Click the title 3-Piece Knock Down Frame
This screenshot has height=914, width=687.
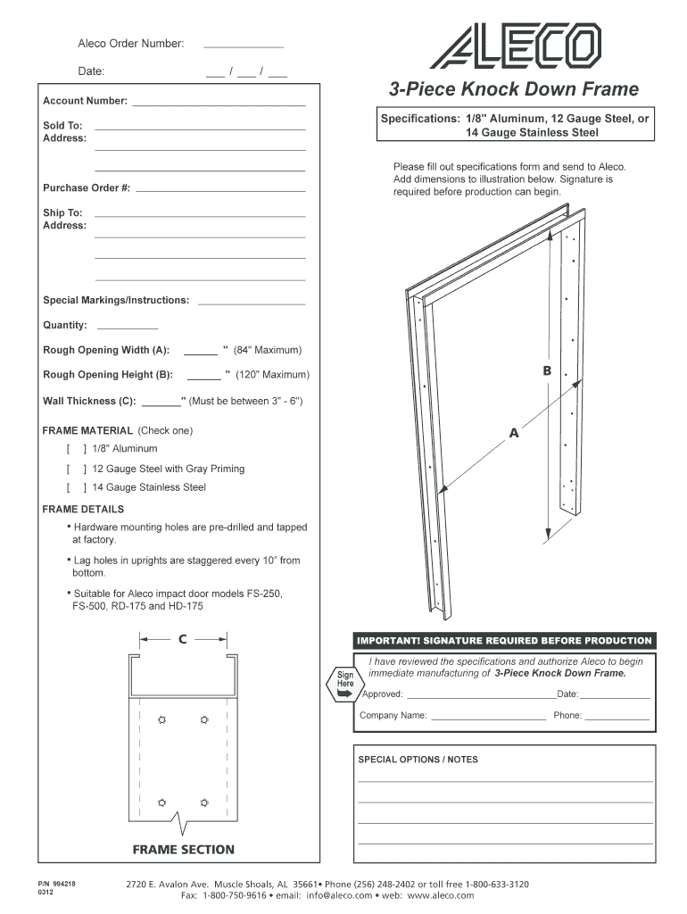tap(513, 89)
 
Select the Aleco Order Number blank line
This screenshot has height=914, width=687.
tap(244, 44)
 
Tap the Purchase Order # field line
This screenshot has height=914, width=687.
tap(220, 190)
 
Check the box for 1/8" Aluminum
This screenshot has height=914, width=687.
tap(76, 449)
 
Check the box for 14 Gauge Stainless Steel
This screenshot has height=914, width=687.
tap(76, 488)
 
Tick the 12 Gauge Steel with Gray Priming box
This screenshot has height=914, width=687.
tap(76, 469)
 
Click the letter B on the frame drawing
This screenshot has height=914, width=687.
tap(547, 370)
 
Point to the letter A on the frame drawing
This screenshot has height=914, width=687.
tap(514, 434)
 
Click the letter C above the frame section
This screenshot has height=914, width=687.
tap(183, 639)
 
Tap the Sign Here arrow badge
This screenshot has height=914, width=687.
tap(344, 683)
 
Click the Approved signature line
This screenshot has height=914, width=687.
tap(478, 696)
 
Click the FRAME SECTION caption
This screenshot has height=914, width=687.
tap(183, 850)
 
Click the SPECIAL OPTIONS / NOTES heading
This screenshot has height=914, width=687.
tap(418, 760)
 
